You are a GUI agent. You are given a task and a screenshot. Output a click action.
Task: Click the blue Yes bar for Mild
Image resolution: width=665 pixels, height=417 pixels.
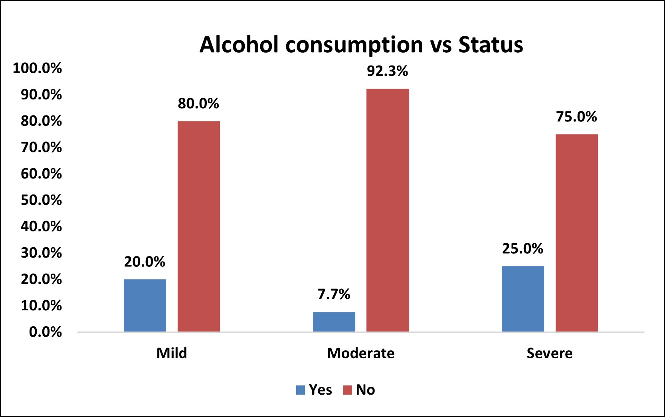pyautogui.click(x=145, y=305)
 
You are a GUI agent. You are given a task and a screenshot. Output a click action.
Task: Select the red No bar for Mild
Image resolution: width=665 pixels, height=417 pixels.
pyautogui.click(x=199, y=226)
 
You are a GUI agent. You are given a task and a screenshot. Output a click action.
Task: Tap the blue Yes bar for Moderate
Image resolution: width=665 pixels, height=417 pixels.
pyautogui.click(x=334, y=322)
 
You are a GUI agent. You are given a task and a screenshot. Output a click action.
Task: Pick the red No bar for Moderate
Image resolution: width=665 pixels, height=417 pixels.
pyautogui.click(x=388, y=210)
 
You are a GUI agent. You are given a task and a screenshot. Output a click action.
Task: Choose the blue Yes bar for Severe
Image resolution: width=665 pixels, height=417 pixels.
pyautogui.click(x=523, y=299)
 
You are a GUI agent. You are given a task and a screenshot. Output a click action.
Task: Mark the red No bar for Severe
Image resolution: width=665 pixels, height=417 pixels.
pyautogui.click(x=577, y=233)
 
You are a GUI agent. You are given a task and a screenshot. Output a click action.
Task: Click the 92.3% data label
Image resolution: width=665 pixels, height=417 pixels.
pyautogui.click(x=388, y=71)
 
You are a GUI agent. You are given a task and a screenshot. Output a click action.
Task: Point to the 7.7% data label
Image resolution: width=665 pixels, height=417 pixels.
pyautogui.click(x=334, y=294)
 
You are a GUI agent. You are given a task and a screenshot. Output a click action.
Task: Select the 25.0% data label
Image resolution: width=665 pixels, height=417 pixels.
pyautogui.click(x=523, y=248)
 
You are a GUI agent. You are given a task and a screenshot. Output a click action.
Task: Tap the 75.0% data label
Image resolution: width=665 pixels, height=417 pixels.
pyautogui.click(x=576, y=117)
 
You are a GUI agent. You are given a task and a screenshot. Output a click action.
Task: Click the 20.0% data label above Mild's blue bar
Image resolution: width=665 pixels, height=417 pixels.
pyautogui.click(x=144, y=262)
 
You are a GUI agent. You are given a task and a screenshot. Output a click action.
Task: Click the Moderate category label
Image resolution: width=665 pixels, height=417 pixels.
pyautogui.click(x=361, y=353)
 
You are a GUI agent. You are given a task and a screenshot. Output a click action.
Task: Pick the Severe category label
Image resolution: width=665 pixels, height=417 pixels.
pyautogui.click(x=550, y=353)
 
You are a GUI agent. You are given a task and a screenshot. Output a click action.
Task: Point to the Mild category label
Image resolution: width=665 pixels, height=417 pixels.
pyautogui.click(x=172, y=353)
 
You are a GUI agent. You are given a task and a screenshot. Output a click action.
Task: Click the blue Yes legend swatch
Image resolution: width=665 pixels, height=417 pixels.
pyautogui.click(x=301, y=390)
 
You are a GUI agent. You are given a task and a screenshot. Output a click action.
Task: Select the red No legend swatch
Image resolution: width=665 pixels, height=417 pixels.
pyautogui.click(x=347, y=390)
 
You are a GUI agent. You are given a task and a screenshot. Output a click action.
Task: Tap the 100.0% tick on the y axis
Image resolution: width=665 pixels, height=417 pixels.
pyautogui.click(x=38, y=68)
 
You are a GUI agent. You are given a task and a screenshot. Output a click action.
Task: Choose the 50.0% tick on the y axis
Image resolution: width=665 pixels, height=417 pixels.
pyautogui.click(x=41, y=200)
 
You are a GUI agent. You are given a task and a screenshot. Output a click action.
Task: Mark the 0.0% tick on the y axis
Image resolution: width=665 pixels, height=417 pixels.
pyautogui.click(x=46, y=332)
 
